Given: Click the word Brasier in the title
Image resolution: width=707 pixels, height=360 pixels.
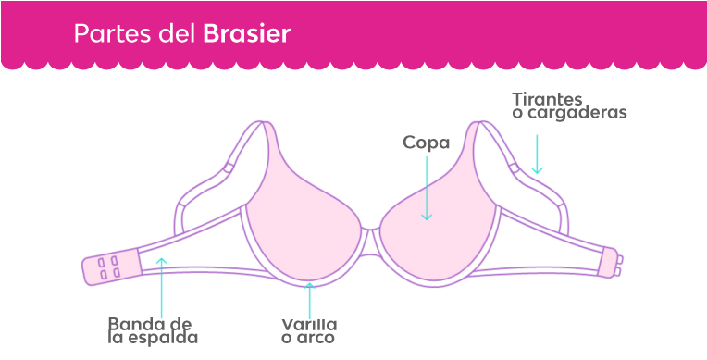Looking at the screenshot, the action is [x=246, y=34].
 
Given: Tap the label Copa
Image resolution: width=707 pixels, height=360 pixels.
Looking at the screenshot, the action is [x=426, y=143].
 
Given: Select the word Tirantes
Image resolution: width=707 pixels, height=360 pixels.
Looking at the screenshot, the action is [x=547, y=98].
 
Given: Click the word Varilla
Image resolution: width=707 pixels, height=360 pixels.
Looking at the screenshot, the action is [x=309, y=324].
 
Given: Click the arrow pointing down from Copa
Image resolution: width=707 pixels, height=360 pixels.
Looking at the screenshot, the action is [x=427, y=190].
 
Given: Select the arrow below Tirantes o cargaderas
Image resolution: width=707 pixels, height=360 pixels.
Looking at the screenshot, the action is [x=537, y=153].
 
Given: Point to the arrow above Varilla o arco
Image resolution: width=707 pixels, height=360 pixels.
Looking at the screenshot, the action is [x=310, y=298].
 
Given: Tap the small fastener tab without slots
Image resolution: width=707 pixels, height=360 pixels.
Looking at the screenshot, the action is [x=608, y=263].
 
